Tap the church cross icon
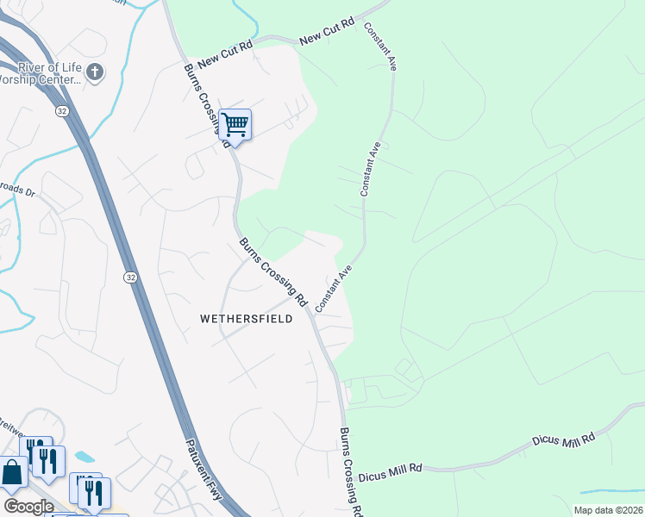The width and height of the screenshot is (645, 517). click(x=95, y=73)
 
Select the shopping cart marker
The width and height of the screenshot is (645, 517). click(x=235, y=126)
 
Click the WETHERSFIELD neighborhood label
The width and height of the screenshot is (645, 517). click(x=246, y=319)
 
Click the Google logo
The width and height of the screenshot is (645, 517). click(x=28, y=506)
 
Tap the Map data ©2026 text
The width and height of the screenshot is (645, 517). click(x=608, y=510)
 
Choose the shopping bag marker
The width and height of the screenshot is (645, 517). click(x=12, y=473)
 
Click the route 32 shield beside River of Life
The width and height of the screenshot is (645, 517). click(x=61, y=111)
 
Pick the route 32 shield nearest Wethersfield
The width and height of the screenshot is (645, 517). click(x=128, y=277)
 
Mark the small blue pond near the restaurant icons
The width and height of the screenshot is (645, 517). click(x=85, y=456)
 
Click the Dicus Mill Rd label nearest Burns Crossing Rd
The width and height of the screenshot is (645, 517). click(x=391, y=468)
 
